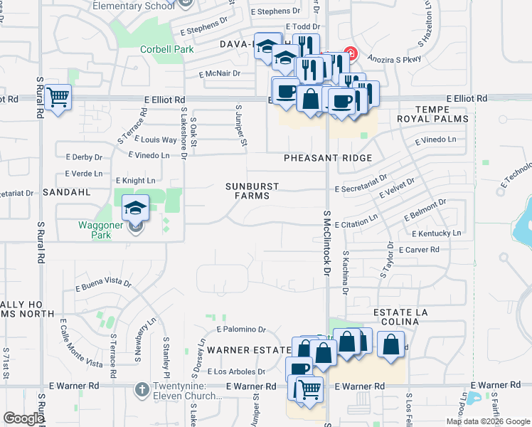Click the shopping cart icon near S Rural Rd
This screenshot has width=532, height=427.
click(58, 97)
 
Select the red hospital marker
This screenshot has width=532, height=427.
click(349, 53)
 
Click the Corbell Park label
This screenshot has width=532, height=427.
click(167, 50)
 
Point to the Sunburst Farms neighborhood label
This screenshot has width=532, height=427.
click(252, 191)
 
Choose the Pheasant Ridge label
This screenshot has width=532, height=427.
click(328, 158)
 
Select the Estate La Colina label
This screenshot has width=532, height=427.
click(397, 317)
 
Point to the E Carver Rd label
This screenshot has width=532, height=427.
click(419, 250)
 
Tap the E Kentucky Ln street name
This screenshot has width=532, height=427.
click(436, 233)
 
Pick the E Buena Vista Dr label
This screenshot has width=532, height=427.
click(103, 285)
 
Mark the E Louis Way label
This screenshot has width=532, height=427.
click(159, 140)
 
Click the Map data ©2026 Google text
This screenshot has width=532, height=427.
click(489, 421)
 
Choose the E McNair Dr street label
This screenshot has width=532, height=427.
click(223, 73)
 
